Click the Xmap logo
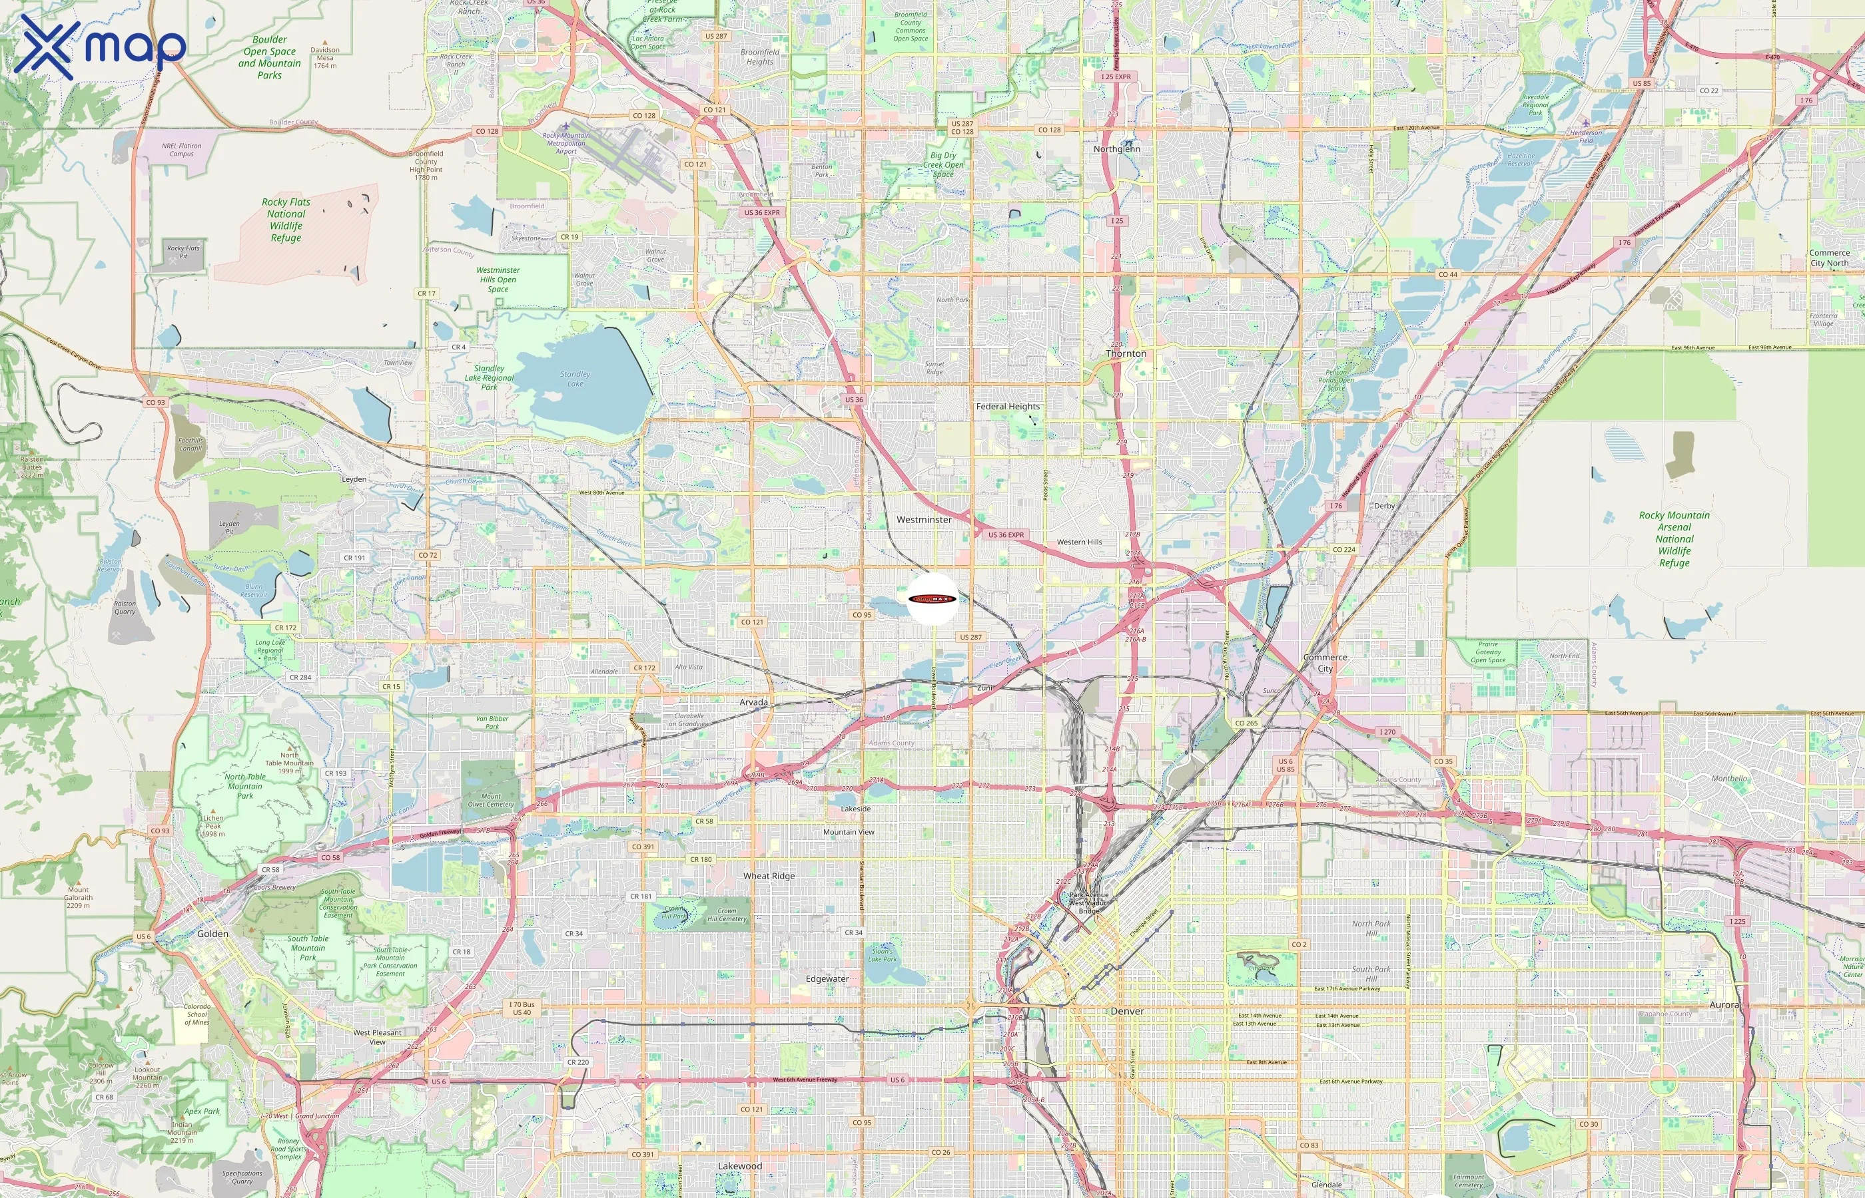tap(101, 47)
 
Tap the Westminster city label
tap(924, 520)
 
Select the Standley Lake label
tap(575, 379)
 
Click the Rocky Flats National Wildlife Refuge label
tap(286, 220)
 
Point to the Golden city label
tap(212, 934)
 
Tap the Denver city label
tap(1127, 1011)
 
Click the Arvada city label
tap(753, 702)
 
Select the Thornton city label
tap(1126, 354)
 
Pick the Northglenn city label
tap(1116, 149)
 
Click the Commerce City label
tap(1325, 663)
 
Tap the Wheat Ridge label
tap(769, 876)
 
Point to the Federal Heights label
tap(1007, 407)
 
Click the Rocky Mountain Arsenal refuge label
tap(1675, 539)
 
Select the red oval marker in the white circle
tap(932, 599)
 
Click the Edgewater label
tap(827, 978)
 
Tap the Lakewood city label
tap(740, 1166)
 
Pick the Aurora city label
tap(1723, 1005)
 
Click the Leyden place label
tap(354, 479)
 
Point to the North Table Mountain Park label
tap(245, 786)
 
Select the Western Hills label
tap(1079, 542)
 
